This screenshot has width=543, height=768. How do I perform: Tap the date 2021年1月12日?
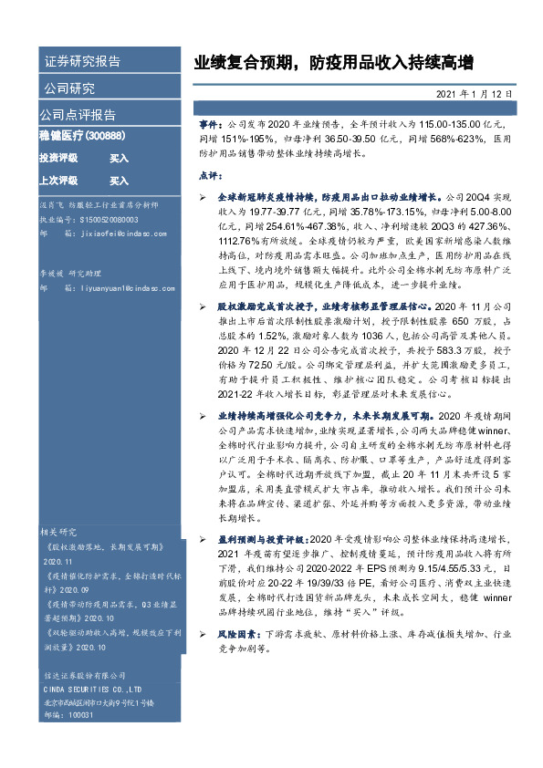[474, 94]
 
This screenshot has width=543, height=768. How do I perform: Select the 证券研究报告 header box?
[81, 62]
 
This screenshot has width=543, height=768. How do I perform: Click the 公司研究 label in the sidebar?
[68, 88]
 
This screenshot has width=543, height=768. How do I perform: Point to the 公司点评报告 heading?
[78, 115]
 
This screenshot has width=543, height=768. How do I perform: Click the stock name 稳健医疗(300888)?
[81, 137]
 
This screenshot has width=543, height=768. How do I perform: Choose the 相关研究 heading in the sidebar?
[61, 530]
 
